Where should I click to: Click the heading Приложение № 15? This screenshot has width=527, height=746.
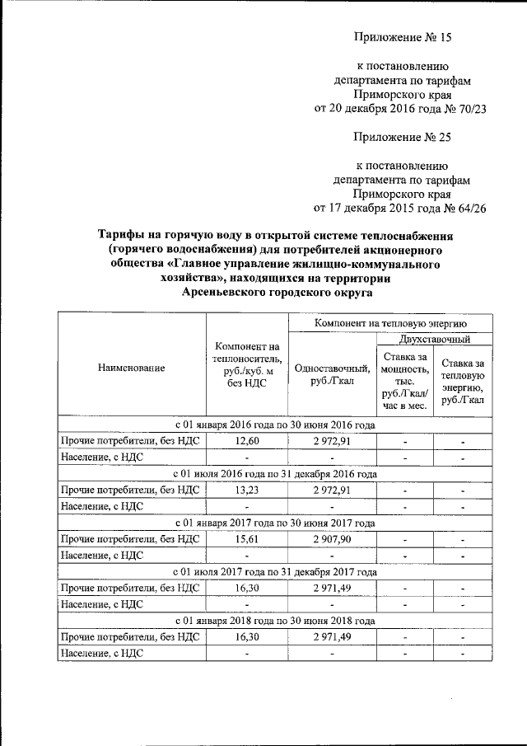click(x=403, y=37)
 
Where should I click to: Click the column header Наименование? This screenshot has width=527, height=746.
click(x=132, y=368)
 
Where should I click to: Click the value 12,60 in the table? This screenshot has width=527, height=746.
click(x=247, y=442)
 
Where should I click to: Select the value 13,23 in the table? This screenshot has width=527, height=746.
click(x=247, y=490)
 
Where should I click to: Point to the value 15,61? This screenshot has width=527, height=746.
click(x=247, y=539)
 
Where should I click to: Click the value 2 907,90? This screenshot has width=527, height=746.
click(x=333, y=539)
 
